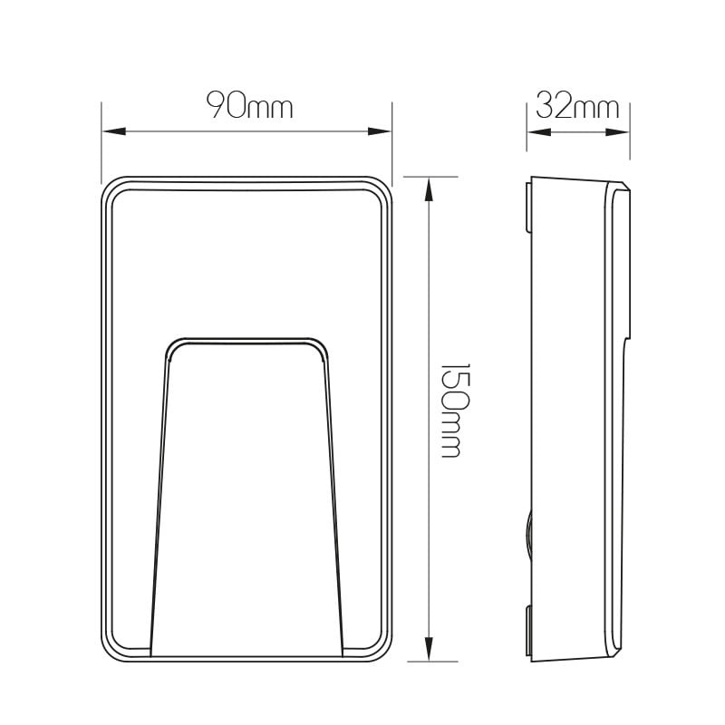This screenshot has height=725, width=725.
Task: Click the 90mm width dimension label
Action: coord(250,105)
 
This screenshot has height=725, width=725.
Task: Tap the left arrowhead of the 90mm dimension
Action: coord(114,131)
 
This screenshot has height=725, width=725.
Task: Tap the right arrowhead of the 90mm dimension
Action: coord(380,131)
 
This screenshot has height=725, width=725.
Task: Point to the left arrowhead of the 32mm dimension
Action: coord(539,132)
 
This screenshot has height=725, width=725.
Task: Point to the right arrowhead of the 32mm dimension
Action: coord(618,132)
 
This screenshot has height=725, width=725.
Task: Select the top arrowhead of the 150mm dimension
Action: coord(429,189)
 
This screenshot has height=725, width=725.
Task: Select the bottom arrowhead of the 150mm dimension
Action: coord(429,649)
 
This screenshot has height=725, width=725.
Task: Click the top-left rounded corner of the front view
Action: coord(109,185)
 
